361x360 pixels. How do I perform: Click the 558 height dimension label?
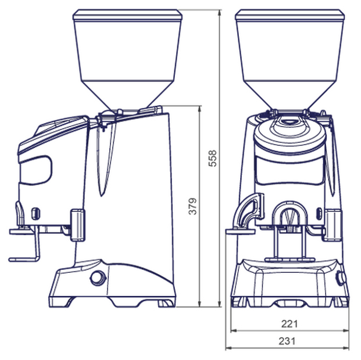point(212,159)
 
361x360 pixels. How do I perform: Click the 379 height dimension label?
point(192,206)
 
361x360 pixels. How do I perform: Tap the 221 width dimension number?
point(289,324)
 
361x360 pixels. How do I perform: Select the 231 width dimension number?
point(287,341)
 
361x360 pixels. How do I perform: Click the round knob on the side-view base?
point(98,278)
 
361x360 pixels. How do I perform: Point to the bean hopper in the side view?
point(127,60)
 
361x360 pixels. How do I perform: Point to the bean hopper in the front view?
point(290,60)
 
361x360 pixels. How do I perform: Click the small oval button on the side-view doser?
point(35,213)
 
